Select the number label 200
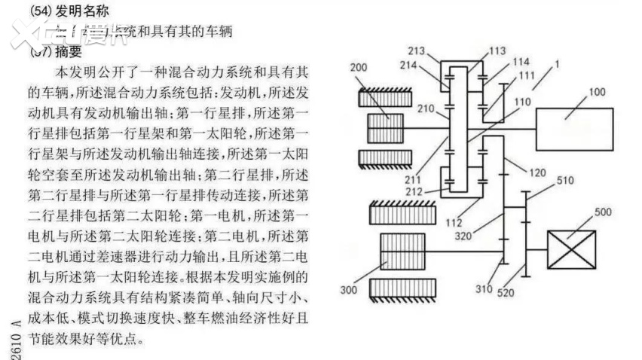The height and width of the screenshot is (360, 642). click(x=359, y=68)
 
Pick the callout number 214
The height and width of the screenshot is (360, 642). click(x=429, y=66)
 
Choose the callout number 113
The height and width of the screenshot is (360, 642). click(x=498, y=51)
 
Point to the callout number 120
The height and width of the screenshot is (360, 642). click(x=537, y=172)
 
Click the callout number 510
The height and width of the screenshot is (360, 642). click(x=565, y=181)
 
